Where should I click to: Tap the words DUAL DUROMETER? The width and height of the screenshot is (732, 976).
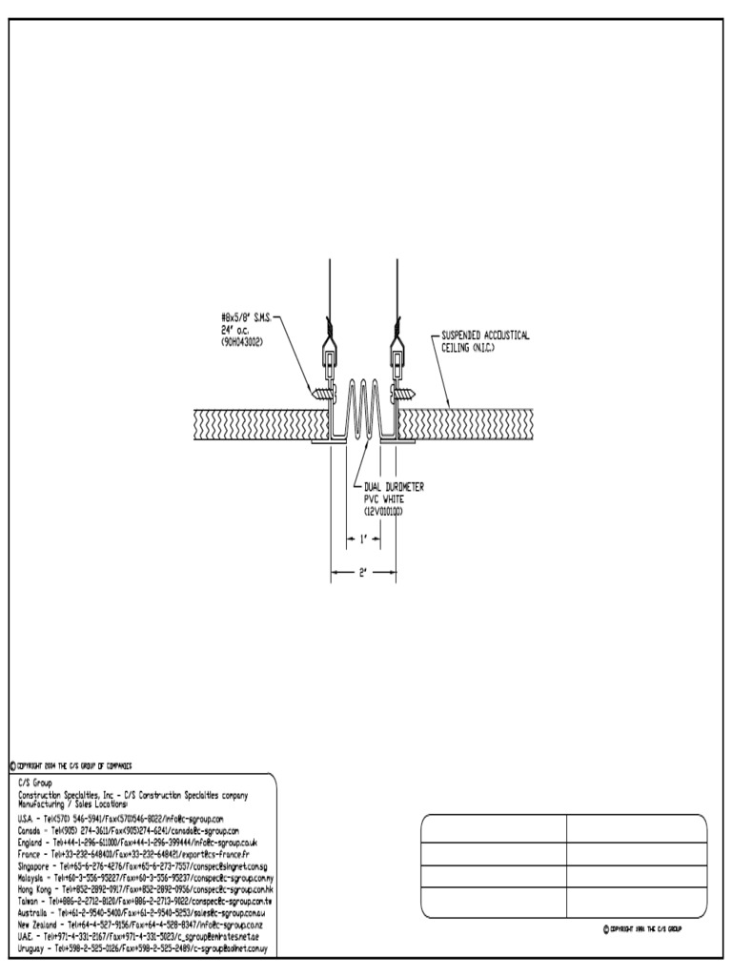[394, 487]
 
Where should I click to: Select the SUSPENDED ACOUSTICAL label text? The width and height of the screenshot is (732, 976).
[485, 335]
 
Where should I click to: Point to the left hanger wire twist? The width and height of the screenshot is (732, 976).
[328, 326]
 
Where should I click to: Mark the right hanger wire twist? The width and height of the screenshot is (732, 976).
[396, 326]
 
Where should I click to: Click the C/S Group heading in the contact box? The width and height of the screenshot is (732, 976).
[37, 783]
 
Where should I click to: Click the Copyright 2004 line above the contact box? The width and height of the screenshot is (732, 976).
[71, 764]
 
